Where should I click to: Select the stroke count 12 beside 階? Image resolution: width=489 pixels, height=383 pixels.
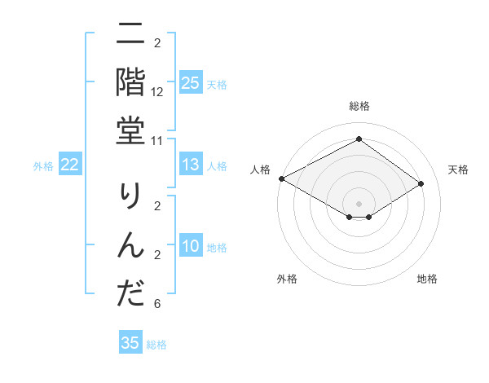click(157, 92)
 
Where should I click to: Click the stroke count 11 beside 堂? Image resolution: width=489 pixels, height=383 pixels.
click(157, 140)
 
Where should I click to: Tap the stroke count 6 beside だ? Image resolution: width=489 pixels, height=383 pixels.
click(157, 304)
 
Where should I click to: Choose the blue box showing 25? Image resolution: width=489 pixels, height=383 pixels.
click(190, 83)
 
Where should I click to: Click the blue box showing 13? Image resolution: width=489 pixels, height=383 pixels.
click(190, 165)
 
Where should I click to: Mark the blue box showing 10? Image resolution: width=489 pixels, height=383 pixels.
click(190, 247)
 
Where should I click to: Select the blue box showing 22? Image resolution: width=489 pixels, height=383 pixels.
click(69, 165)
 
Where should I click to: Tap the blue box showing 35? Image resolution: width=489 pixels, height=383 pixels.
click(130, 343)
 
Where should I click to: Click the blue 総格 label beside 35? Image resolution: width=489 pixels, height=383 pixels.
click(157, 345)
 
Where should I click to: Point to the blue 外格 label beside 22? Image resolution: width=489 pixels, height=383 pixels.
click(43, 166)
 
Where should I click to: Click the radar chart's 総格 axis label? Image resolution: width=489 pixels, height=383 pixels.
click(359, 106)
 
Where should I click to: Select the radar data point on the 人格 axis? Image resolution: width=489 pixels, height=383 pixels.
click(281, 178)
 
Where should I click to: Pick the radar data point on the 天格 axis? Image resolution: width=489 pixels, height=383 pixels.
click(421, 184)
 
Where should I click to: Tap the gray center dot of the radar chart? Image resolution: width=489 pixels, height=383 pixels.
click(359, 204)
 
